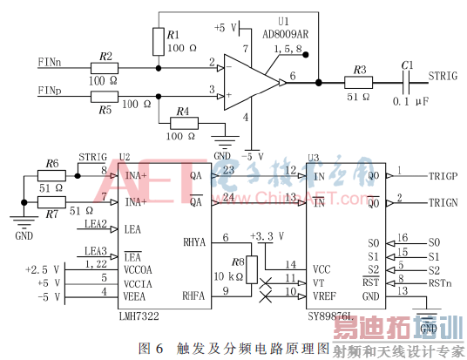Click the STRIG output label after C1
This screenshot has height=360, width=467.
442,76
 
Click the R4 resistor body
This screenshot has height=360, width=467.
181,123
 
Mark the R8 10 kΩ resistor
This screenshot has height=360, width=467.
251,268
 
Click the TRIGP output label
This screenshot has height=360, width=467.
444,175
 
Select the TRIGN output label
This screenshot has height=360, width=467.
444,202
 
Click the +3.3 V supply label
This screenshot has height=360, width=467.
266,237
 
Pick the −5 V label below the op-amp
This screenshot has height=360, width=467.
252,155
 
